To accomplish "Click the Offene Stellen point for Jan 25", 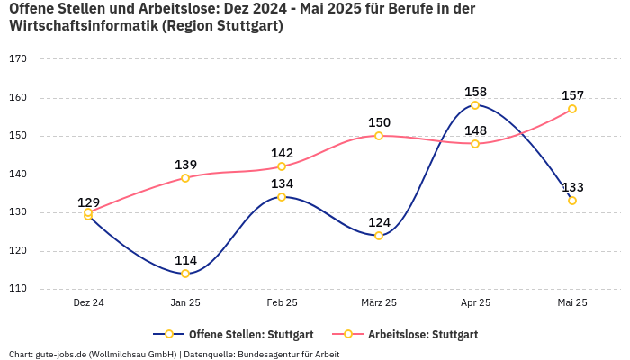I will point(185,274).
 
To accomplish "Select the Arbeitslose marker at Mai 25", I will point(572,109).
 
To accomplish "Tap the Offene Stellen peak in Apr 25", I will point(475,105).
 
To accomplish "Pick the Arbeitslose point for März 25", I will point(379,136).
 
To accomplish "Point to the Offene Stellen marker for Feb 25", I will point(282,197).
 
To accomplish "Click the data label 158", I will point(475,92).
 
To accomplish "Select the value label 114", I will point(185,260).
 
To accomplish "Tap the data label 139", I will point(185,165).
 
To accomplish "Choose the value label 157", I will point(572,95).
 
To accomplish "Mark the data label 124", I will point(379,222).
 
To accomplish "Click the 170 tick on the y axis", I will point(18,59).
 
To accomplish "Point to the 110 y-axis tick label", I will point(18,290).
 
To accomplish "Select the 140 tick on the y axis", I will point(18,175).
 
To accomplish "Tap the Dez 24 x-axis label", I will point(88,303).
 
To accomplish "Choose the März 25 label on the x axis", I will point(379,303).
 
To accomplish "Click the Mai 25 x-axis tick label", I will point(572,303).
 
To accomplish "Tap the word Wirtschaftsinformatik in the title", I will point(83,26).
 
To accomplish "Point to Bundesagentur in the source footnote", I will point(269,354).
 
